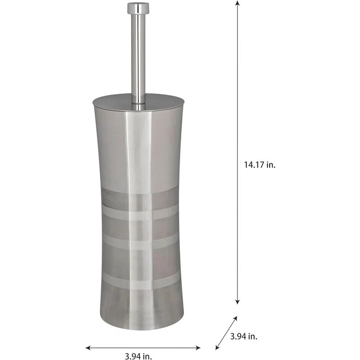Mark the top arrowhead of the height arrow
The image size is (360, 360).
(238, 4)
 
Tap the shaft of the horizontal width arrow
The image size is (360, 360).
(143, 347)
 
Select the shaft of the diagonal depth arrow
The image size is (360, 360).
(227, 332)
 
